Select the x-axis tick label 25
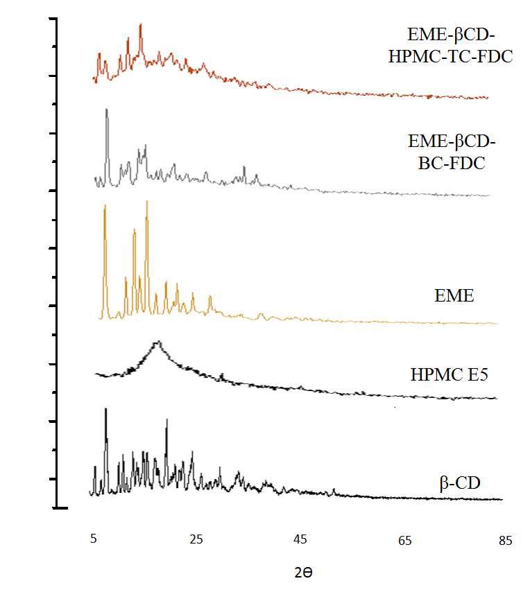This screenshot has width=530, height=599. (197, 539)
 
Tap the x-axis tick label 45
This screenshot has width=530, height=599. (300, 539)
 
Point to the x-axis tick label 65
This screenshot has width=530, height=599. (405, 539)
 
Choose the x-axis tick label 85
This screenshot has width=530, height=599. (505, 539)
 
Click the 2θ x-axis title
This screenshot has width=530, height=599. (305, 573)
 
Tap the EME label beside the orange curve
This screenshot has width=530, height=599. (454, 296)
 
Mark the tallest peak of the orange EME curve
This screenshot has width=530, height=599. (146, 201)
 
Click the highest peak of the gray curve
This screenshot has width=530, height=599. (106, 110)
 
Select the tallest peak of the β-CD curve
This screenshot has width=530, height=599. (105, 408)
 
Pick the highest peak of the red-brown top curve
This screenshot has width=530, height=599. (141, 24)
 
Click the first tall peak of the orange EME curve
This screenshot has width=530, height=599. (104, 206)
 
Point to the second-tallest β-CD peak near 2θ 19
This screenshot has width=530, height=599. (166, 420)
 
